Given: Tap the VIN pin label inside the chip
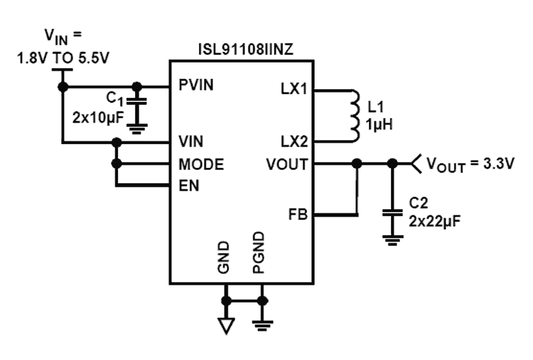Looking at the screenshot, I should pyautogui.click(x=191, y=142).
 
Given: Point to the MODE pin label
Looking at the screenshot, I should pyautogui.click(x=201, y=164).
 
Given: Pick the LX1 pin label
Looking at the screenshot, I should pyautogui.click(x=294, y=89).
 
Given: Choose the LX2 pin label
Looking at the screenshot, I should pyautogui.click(x=294, y=142).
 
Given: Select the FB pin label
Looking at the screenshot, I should pyautogui.click(x=298, y=215).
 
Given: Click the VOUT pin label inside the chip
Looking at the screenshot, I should pyautogui.click(x=286, y=164).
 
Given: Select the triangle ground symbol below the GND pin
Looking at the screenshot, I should pyautogui.click(x=227, y=326).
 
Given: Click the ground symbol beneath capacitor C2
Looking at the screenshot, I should pyautogui.click(x=392, y=239).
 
